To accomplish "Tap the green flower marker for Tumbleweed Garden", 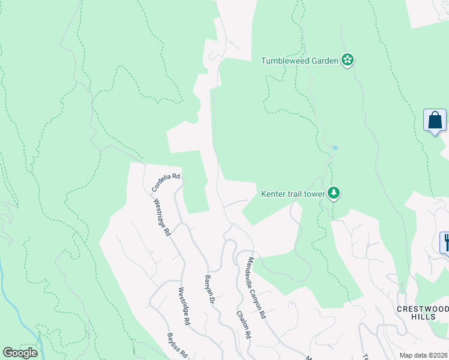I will (348, 60).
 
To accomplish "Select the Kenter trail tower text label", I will (293, 194).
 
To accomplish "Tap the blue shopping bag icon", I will (435, 120).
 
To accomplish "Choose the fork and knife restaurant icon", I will (445, 242).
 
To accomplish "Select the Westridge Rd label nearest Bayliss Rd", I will (184, 307).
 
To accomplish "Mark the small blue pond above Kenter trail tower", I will (335, 148).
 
